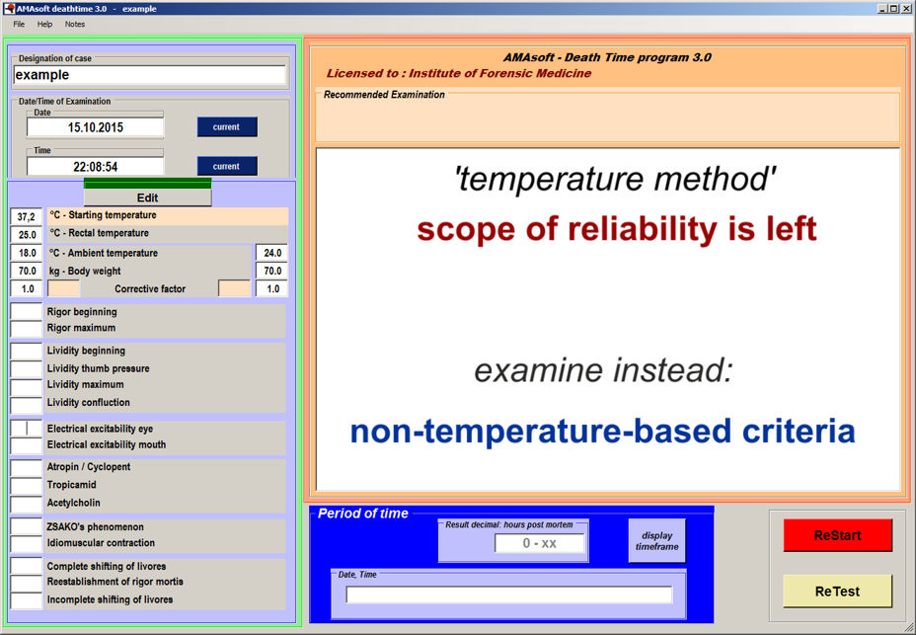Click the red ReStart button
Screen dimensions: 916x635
pyautogui.click(x=837, y=535)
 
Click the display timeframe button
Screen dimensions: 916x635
pyautogui.click(x=656, y=541)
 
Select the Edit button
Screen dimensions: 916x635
pyautogui.click(x=147, y=198)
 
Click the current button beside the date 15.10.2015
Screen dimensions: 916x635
pyautogui.click(x=227, y=126)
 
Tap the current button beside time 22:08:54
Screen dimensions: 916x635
pyautogui.click(x=227, y=166)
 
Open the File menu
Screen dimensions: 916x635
pyautogui.click(x=20, y=24)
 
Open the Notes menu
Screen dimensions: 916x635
pyautogui.click(x=75, y=24)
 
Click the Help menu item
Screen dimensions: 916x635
pyautogui.click(x=45, y=24)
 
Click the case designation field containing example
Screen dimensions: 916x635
pyautogui.click(x=150, y=75)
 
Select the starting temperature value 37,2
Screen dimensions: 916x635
pyautogui.click(x=27, y=217)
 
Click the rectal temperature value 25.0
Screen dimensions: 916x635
pyautogui.click(x=27, y=235)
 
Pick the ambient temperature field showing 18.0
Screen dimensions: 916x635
pyautogui.click(x=27, y=253)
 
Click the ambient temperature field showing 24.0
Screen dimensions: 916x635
pyautogui.click(x=271, y=253)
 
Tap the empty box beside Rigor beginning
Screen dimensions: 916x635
pyautogui.click(x=27, y=312)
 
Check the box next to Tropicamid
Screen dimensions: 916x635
pyautogui.click(x=27, y=485)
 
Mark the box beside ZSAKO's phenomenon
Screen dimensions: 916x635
pyautogui.click(x=27, y=526)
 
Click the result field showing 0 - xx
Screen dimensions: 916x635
pyautogui.click(x=539, y=543)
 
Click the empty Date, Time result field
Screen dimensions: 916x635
pyautogui.click(x=508, y=595)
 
